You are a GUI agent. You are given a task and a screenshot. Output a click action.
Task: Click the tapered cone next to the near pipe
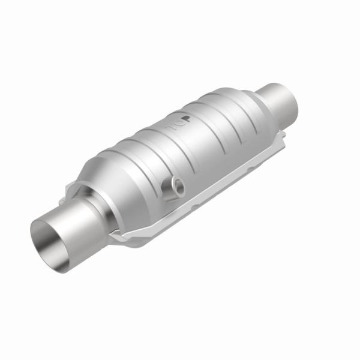click(105, 189)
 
